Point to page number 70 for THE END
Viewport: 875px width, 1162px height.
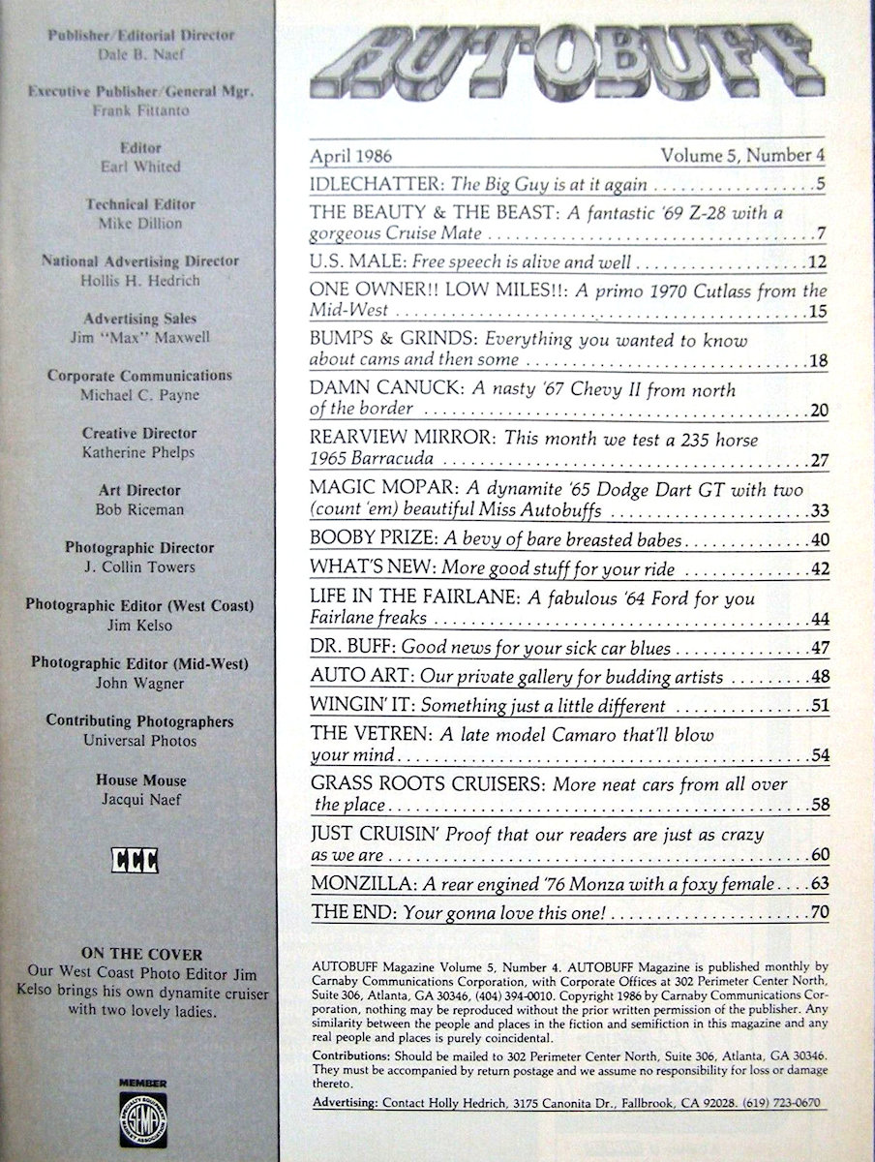[x=819, y=911]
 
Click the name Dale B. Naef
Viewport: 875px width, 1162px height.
[x=142, y=54]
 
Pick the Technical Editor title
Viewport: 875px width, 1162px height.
[x=140, y=204]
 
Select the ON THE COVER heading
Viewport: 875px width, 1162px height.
[x=141, y=954]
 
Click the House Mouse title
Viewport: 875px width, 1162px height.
[x=141, y=780]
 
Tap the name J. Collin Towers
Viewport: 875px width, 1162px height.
[x=140, y=566]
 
